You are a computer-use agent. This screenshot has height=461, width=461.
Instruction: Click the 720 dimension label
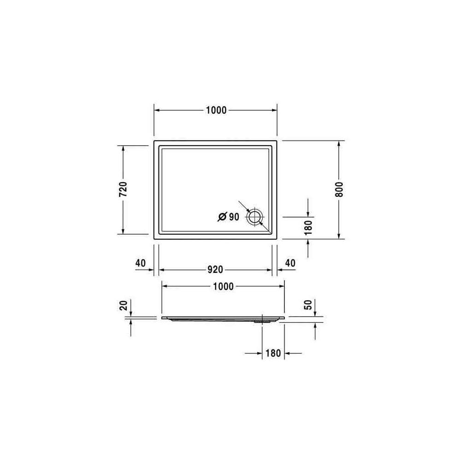pyautogui.click(x=124, y=189)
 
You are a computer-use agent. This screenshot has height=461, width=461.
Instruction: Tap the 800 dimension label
pyautogui.click(x=339, y=189)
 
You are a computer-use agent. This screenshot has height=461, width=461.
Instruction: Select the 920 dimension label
pyautogui.click(x=215, y=270)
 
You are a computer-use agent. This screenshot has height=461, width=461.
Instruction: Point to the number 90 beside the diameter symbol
pyautogui.click(x=234, y=217)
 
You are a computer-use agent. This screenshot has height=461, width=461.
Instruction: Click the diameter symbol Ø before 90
pyautogui.click(x=222, y=217)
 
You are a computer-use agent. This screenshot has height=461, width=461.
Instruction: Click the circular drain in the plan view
pyautogui.click(x=254, y=217)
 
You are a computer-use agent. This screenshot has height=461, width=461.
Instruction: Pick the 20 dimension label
pyautogui.click(x=124, y=305)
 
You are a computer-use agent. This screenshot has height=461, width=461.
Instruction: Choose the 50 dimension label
pyautogui.click(x=308, y=305)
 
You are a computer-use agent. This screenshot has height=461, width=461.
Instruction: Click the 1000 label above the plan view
pyautogui.click(x=216, y=110)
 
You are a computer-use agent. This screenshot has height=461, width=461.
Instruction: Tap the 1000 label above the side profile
pyautogui.click(x=223, y=286)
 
